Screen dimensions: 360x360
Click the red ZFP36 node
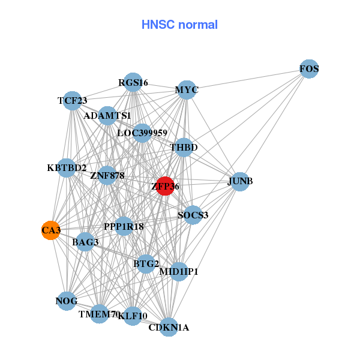click(164, 186)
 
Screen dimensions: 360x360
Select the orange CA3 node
click(51, 230)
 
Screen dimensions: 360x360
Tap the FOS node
click(309, 69)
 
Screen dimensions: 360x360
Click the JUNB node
click(240, 182)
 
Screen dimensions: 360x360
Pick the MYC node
click(187, 90)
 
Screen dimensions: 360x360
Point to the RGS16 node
click(133, 82)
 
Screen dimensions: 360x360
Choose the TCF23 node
click(72, 100)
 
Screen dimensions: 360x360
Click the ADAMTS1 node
click(107, 115)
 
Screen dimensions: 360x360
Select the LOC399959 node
click(142, 133)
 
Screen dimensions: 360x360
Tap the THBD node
click(184, 147)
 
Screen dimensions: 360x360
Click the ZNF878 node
click(107, 176)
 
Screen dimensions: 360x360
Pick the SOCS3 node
click(193, 215)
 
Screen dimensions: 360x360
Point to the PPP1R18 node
click(124, 226)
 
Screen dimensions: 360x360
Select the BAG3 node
click(85, 242)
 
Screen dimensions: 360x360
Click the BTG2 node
click(146, 263)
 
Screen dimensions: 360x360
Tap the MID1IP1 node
click(179, 272)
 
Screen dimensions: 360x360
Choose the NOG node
click(67, 301)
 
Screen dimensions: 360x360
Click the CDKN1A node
click(169, 327)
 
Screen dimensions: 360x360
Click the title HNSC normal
click(179, 25)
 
